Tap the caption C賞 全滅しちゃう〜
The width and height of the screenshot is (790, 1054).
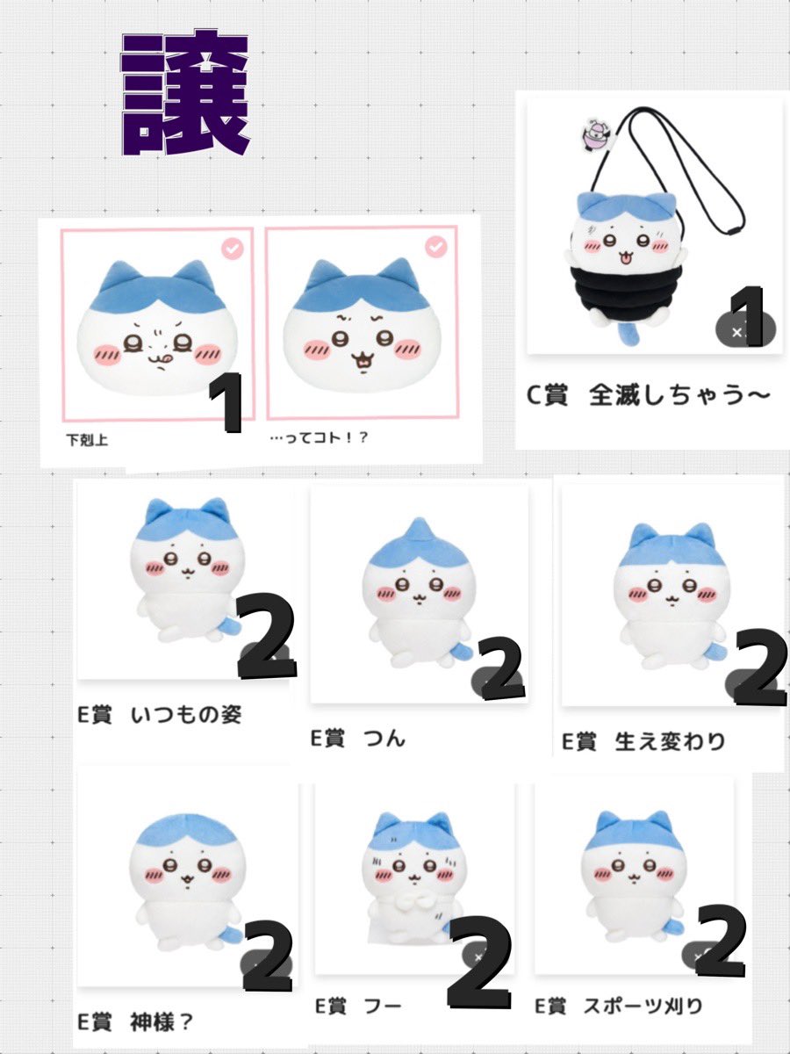pyautogui.click(x=648, y=396)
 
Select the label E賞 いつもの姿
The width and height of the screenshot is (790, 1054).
pyautogui.click(x=159, y=715)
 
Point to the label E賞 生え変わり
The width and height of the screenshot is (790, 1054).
pyautogui.click(x=644, y=740)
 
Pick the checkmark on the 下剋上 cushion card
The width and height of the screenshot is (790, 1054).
pyautogui.click(x=233, y=249)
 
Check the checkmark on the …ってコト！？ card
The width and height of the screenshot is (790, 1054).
pyautogui.click(x=436, y=248)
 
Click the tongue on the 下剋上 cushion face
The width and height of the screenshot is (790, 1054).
pyautogui.click(x=154, y=361)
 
